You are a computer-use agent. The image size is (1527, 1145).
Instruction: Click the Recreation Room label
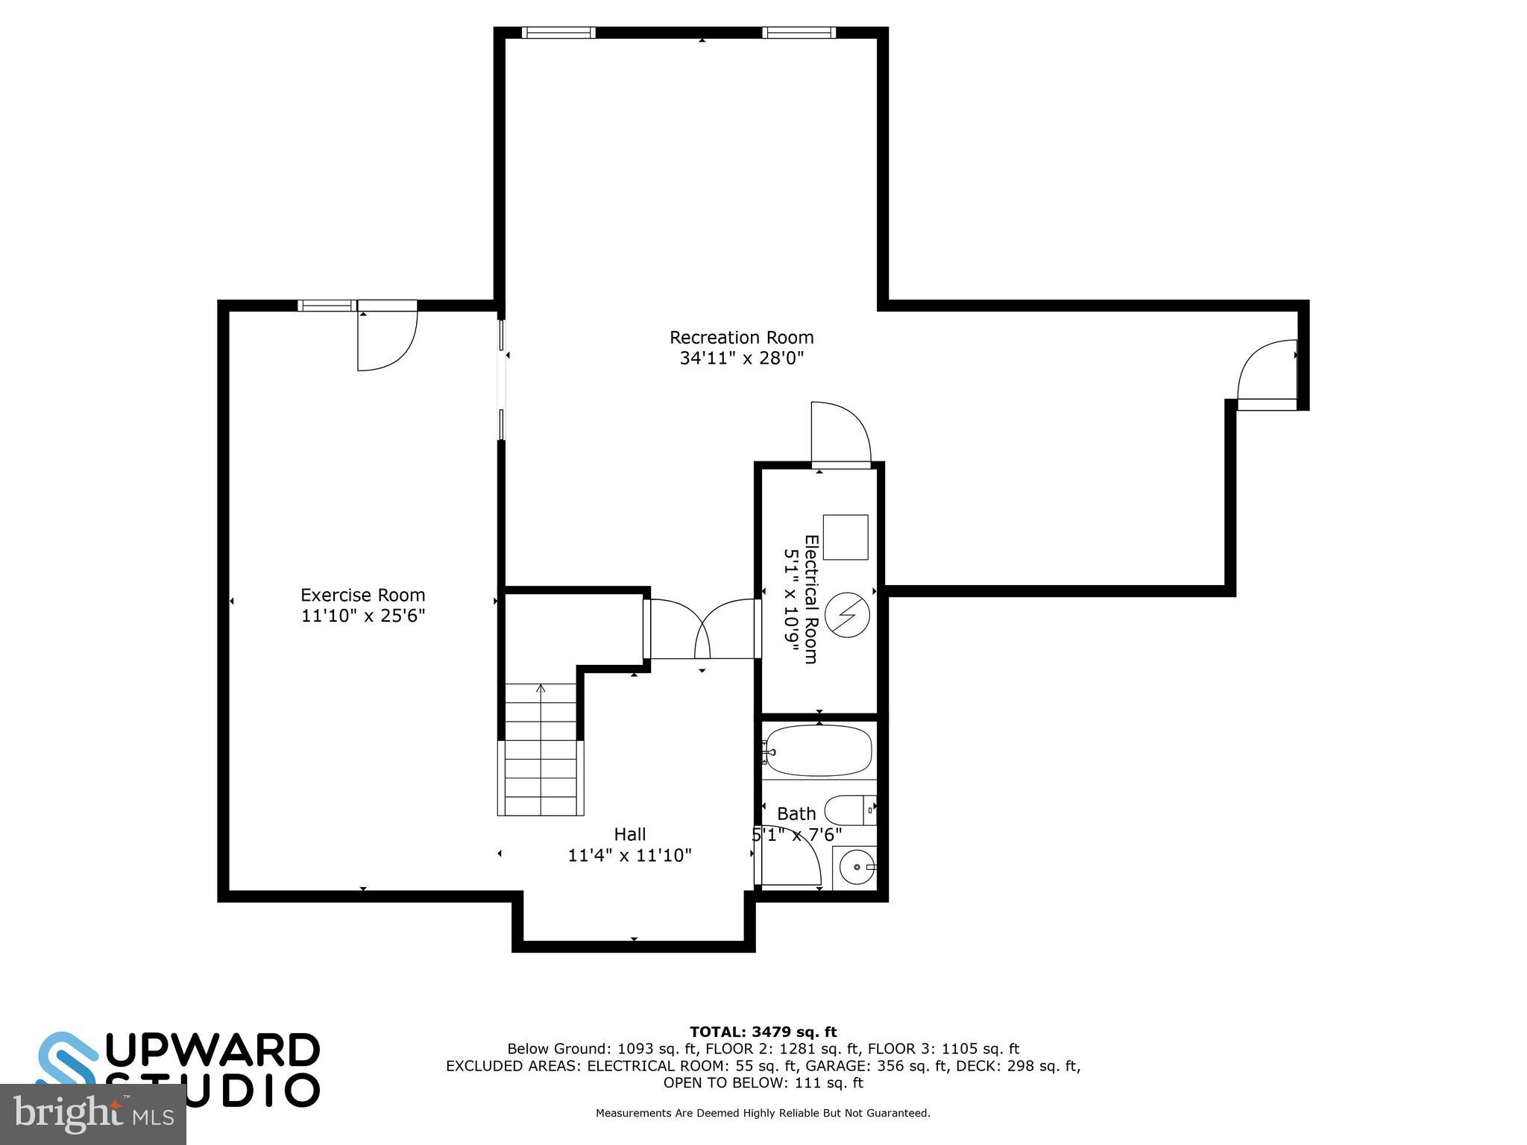tap(741, 338)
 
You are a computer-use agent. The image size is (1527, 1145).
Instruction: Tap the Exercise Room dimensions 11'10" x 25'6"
tap(363, 616)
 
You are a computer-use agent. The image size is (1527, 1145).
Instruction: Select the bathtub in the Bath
tap(819, 751)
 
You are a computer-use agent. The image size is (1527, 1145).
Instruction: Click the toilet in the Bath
tap(848, 810)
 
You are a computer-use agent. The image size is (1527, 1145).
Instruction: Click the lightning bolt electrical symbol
tap(848, 615)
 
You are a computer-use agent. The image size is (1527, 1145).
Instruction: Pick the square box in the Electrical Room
tap(846, 537)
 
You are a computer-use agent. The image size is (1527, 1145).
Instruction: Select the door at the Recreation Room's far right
tap(1266, 373)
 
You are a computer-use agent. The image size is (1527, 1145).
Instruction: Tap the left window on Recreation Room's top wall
tap(558, 33)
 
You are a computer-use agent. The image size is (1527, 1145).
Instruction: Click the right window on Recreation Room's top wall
tap(799, 33)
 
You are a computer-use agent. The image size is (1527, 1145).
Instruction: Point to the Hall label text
tap(629, 834)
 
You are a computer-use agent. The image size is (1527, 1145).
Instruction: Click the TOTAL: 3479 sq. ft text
tap(763, 1032)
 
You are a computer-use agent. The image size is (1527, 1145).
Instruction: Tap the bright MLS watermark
tap(92, 1114)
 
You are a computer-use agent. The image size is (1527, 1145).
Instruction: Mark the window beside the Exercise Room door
tap(327, 305)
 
